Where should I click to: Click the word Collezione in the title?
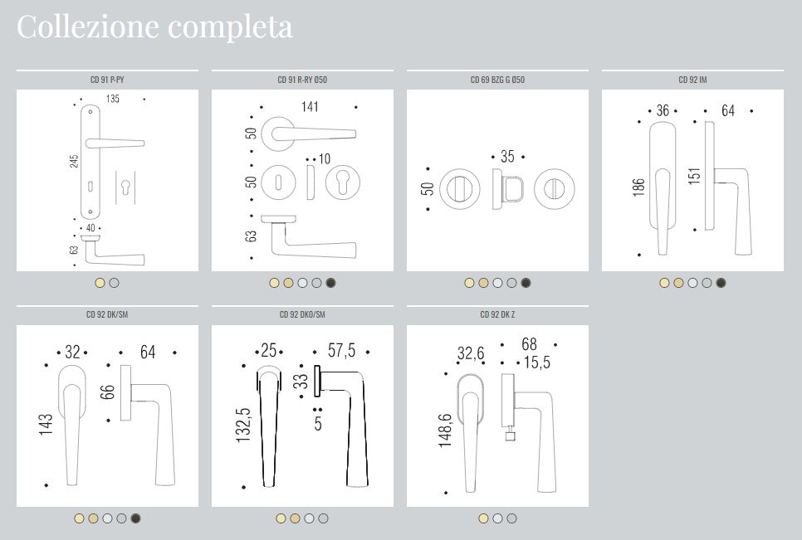coord(88,26)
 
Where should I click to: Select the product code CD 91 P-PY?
coord(107,80)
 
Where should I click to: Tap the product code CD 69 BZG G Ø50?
coord(497,80)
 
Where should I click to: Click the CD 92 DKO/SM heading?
coord(302,314)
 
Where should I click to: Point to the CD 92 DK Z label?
coord(497,314)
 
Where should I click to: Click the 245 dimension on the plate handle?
coord(74,162)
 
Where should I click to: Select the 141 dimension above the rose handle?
coord(310,107)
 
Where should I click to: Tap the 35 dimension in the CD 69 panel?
coord(507,156)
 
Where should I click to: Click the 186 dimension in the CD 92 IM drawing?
coord(638,187)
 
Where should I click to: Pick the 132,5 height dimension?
coord(243,425)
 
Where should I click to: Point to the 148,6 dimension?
coord(446,431)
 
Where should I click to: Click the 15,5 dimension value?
coord(536,362)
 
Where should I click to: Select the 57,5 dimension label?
coord(342,351)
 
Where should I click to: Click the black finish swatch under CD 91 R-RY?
coord(331,283)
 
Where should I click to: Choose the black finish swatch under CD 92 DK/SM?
coord(135,518)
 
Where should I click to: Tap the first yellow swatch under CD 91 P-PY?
coord(100,283)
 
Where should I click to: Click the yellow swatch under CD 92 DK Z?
coord(483,518)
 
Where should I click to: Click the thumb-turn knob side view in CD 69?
coord(507,189)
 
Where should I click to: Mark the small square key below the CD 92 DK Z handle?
coord(510,435)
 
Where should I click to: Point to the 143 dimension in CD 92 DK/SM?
coord(46,425)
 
